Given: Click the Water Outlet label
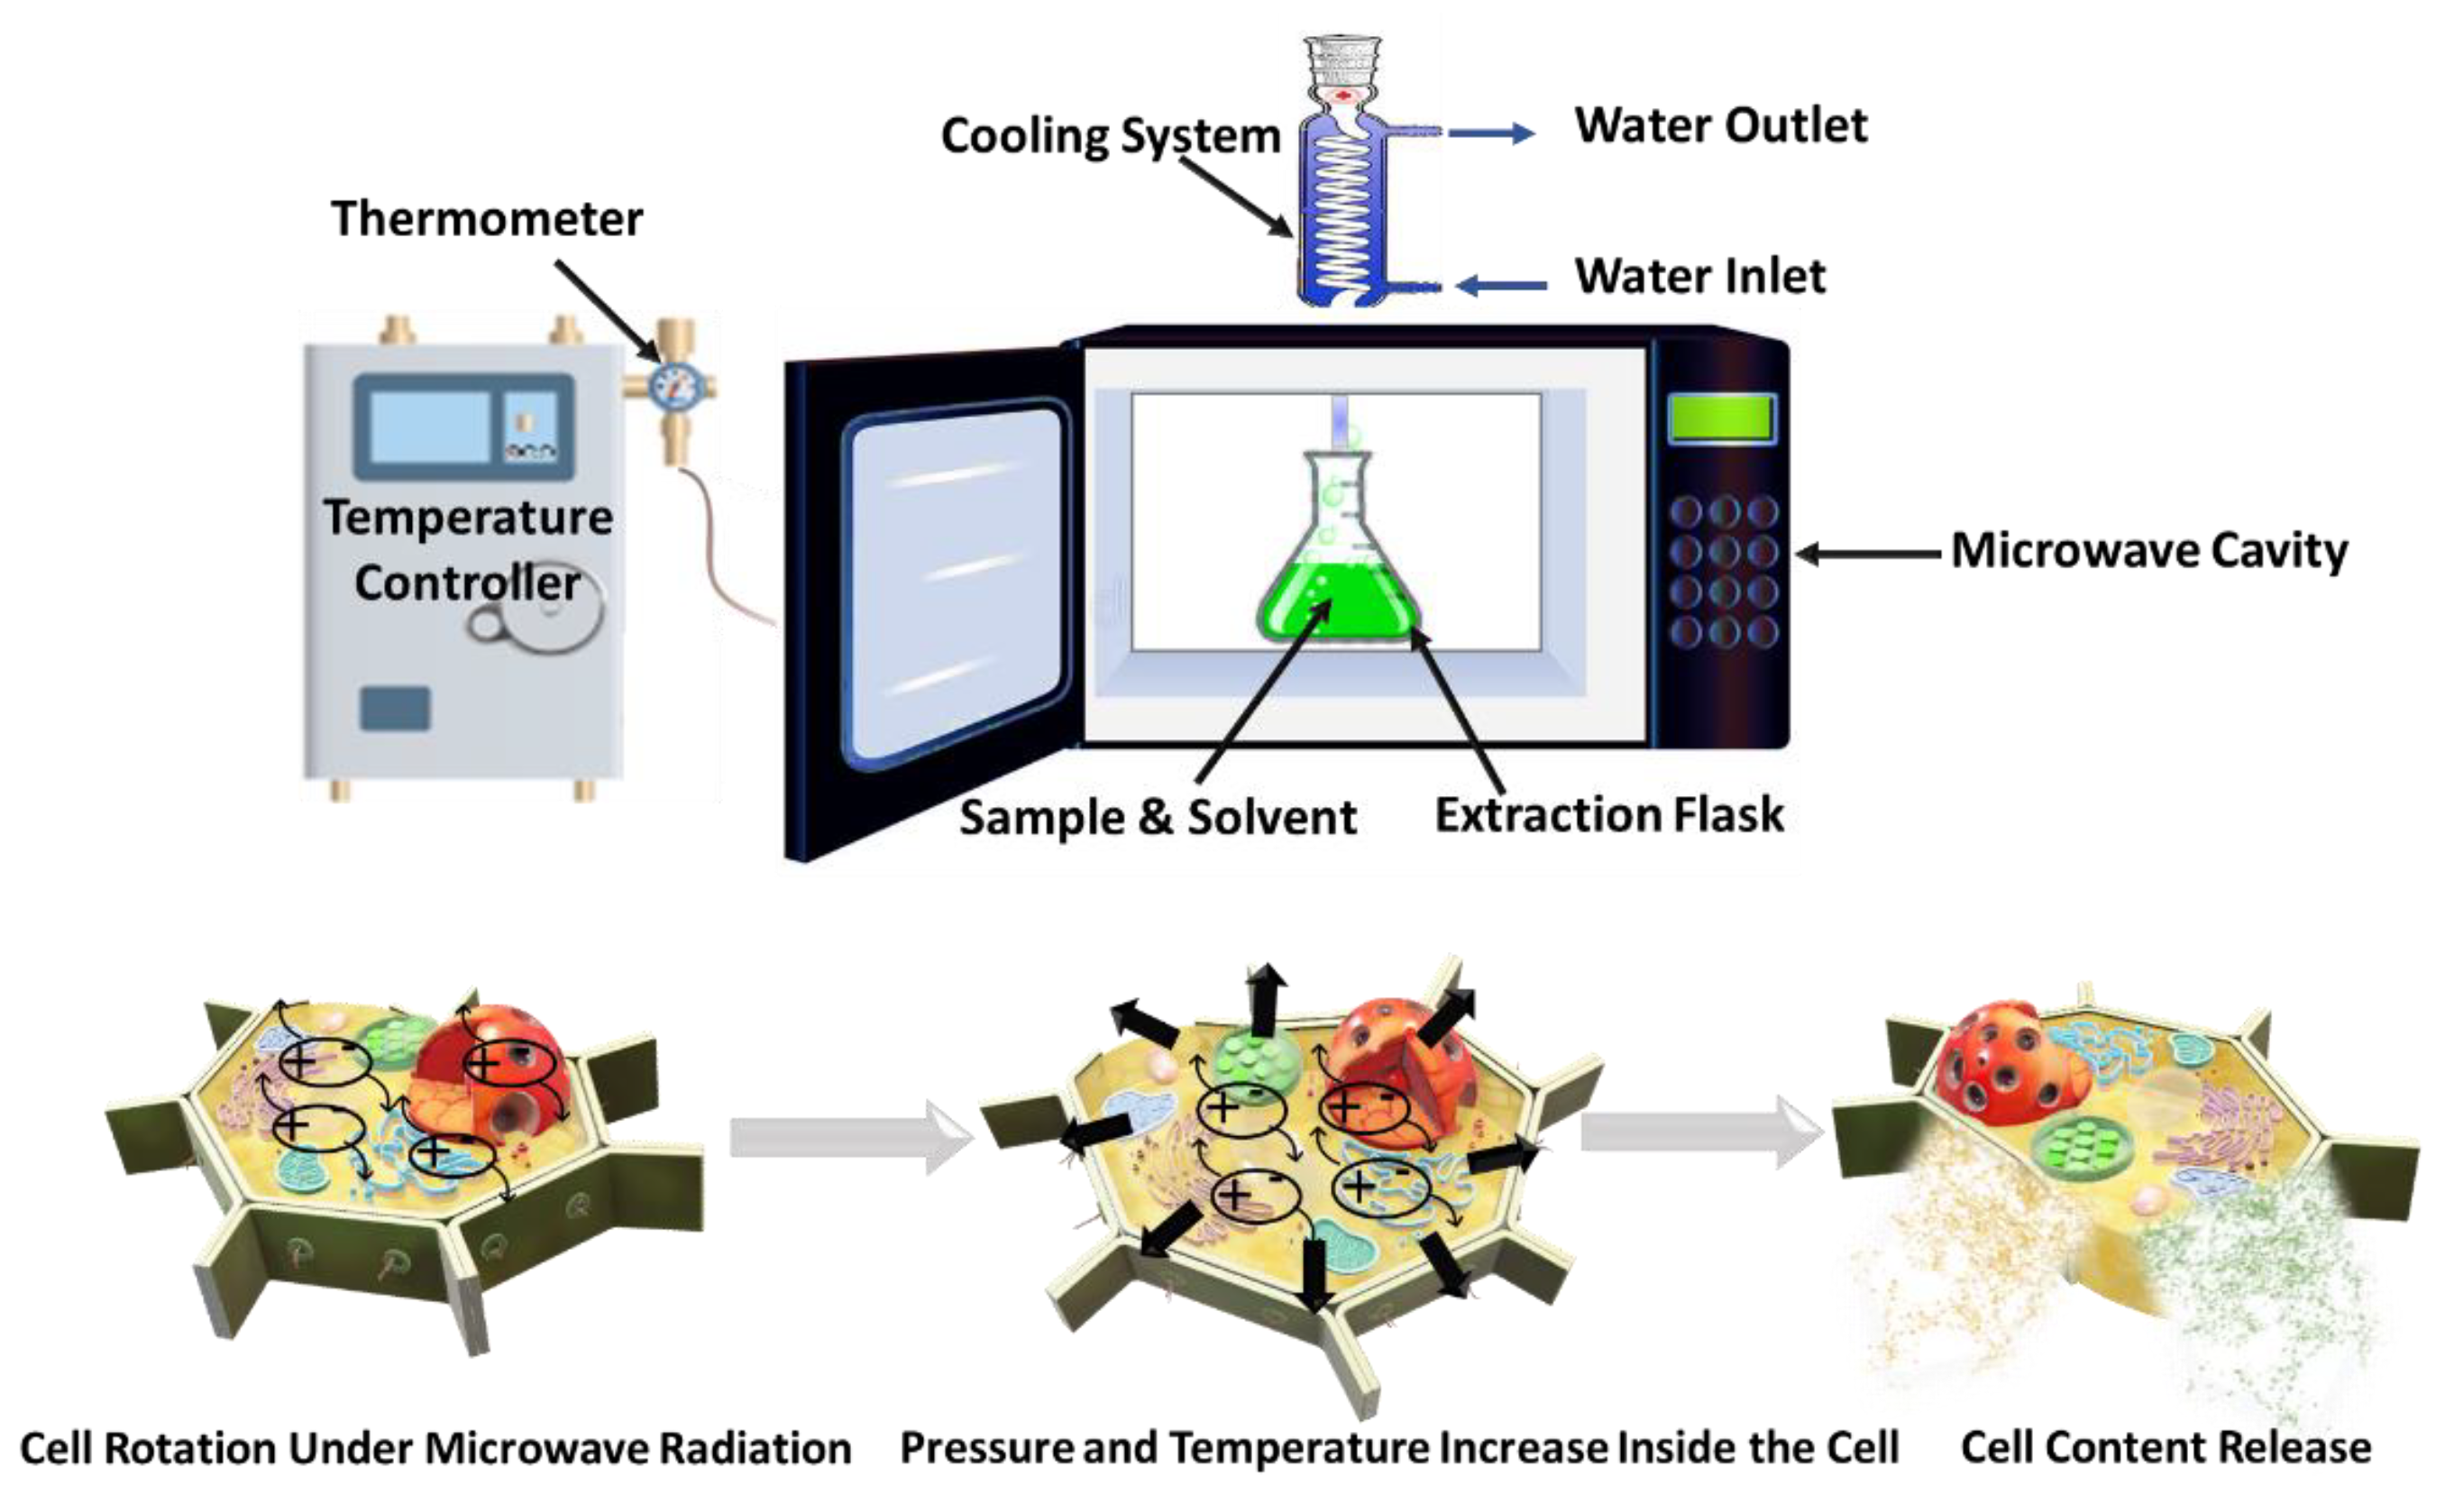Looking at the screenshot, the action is coord(1720,125).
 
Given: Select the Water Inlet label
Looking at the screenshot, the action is coord(1700,276).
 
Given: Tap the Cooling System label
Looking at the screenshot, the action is coord(1111,136).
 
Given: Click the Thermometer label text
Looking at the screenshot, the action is coord(486,219).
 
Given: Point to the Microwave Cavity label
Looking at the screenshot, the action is coord(2149,550).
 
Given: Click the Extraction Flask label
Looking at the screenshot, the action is coord(1608,815).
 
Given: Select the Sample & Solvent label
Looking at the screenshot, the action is coord(1158,818).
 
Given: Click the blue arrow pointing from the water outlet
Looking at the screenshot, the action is coord(1491,133).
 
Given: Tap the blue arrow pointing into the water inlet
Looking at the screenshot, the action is coord(1501,287).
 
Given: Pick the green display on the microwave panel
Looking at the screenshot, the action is coord(1721,417).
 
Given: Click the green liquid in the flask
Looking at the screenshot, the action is coord(1338,599).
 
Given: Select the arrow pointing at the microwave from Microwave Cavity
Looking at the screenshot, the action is coord(1868,554).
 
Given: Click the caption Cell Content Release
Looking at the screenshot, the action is coord(2166,1447).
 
